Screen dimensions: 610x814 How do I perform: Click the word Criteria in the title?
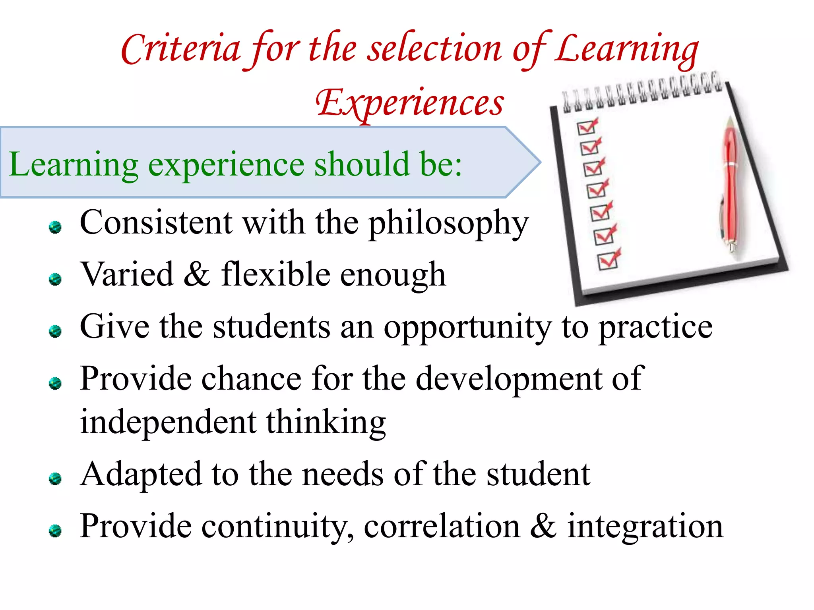tap(181, 50)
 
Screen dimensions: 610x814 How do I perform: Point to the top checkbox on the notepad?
tap(586, 127)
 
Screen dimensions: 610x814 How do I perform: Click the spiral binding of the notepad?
tap(642, 93)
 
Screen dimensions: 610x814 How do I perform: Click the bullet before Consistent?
tap(55, 227)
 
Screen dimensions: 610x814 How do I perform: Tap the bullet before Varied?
tap(55, 279)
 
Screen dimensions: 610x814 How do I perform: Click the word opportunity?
tap(467, 328)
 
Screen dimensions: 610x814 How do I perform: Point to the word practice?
tap(655, 328)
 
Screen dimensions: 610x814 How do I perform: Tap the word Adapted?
tap(141, 475)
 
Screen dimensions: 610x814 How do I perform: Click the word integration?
tap(645, 527)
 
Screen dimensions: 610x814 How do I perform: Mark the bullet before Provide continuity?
tap(55, 531)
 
